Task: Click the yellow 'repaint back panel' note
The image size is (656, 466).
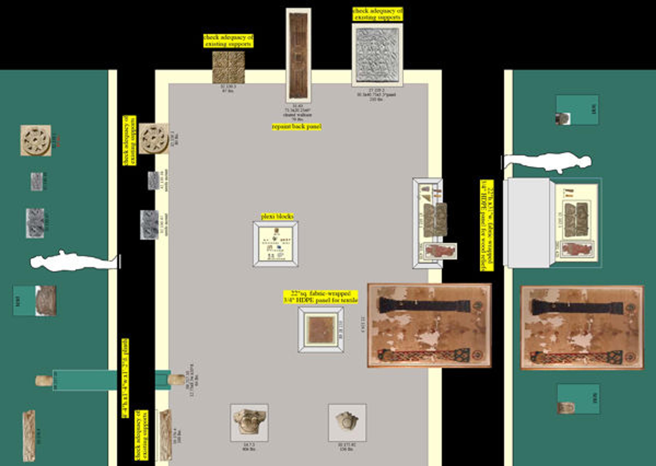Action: [x=296, y=127]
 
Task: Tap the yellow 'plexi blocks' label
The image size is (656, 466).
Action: [x=277, y=216]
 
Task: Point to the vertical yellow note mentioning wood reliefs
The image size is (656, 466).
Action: [x=487, y=225]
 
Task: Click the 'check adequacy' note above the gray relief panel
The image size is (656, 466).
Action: [x=378, y=14]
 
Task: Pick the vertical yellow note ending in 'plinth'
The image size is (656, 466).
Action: [x=125, y=378]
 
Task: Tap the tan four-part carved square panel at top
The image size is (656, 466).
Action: [x=229, y=67]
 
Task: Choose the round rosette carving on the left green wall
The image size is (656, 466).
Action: [x=36, y=140]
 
